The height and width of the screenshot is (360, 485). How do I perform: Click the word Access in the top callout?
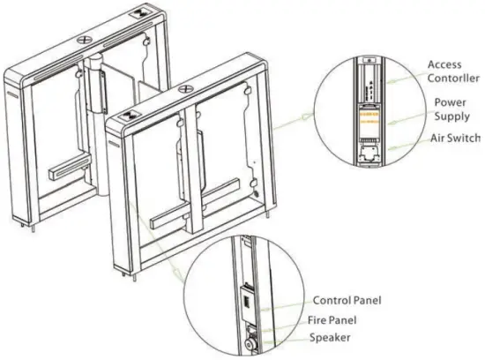(444, 64)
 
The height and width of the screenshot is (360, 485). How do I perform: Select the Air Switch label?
(455, 139)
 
